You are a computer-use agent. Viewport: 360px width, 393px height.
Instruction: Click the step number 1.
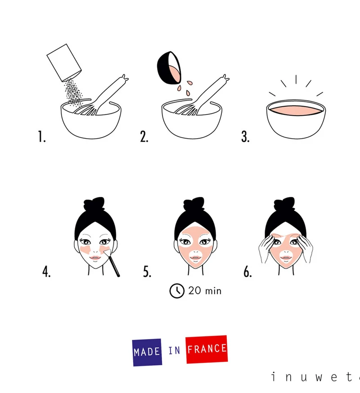coord(42,136)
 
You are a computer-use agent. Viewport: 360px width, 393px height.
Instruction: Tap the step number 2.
coord(144,136)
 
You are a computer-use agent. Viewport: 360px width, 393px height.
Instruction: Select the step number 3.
coord(245,136)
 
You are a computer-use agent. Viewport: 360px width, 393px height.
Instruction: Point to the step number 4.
coord(46,271)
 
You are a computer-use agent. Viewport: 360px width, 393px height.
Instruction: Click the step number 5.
coord(147,271)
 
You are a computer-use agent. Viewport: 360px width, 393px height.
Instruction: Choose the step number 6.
coord(248,271)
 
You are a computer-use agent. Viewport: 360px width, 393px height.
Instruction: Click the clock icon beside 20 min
coord(177,291)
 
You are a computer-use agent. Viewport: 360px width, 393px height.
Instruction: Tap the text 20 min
coord(205,291)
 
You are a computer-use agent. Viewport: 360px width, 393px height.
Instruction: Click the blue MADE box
coord(147,352)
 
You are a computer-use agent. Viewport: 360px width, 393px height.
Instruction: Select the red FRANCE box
coord(207,349)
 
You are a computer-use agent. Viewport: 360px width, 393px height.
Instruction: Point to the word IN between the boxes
coord(174,351)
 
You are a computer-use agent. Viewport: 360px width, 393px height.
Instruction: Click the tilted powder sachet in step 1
coord(64,63)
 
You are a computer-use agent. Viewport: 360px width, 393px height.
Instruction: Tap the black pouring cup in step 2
coord(169,68)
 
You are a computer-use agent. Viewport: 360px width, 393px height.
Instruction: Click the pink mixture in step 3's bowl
coord(296,110)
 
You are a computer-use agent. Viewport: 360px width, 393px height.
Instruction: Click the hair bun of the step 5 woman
coord(194,203)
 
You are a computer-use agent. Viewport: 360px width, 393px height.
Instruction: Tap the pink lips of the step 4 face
coord(95,258)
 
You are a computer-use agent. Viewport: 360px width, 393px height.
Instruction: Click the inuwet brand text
coord(315,377)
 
